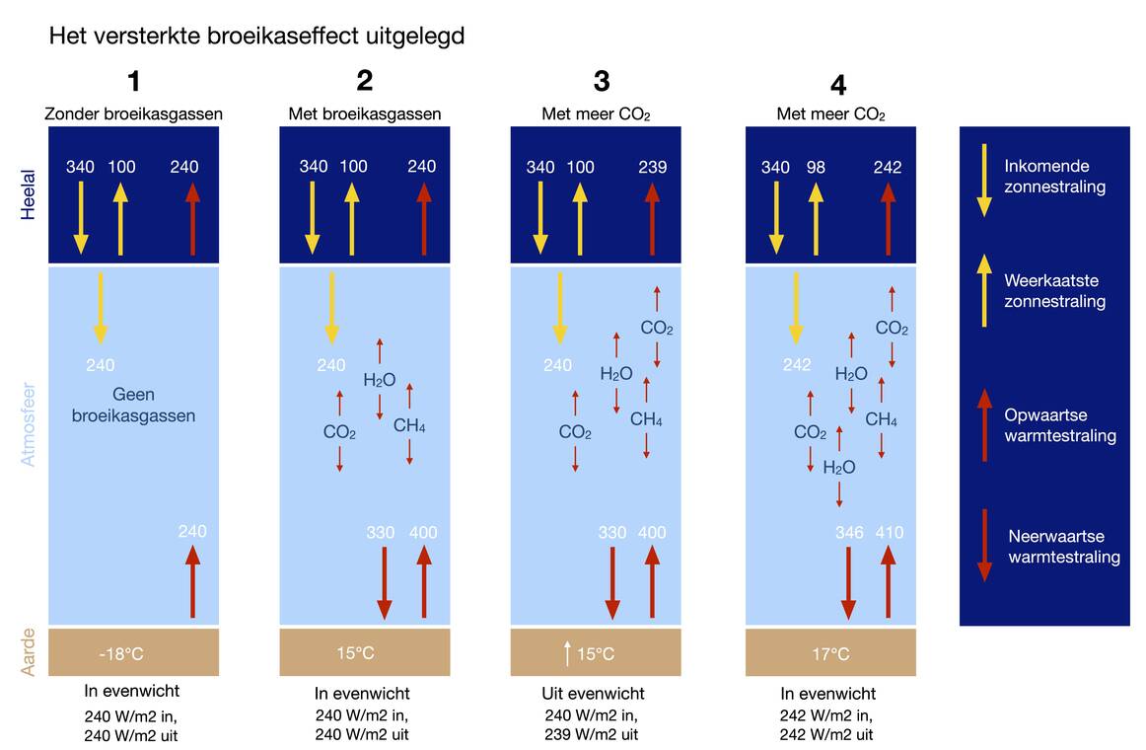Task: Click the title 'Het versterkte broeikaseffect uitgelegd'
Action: click(256, 37)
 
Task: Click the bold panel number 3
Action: click(602, 81)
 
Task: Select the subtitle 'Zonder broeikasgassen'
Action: click(134, 114)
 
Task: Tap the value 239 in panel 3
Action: click(652, 167)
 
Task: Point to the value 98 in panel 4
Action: click(816, 167)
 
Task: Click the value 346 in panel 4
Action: click(849, 533)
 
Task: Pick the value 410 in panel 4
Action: click(889, 533)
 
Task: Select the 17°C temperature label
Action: click(830, 653)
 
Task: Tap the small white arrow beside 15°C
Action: click(567, 652)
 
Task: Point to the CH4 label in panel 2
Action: click(409, 425)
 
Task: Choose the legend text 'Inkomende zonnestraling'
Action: click(1054, 176)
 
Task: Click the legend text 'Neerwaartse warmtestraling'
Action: click(1064, 547)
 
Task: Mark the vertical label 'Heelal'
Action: click(29, 194)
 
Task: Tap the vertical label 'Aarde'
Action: click(29, 652)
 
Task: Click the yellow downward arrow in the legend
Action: click(983, 179)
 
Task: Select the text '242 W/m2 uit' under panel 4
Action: click(826, 734)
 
